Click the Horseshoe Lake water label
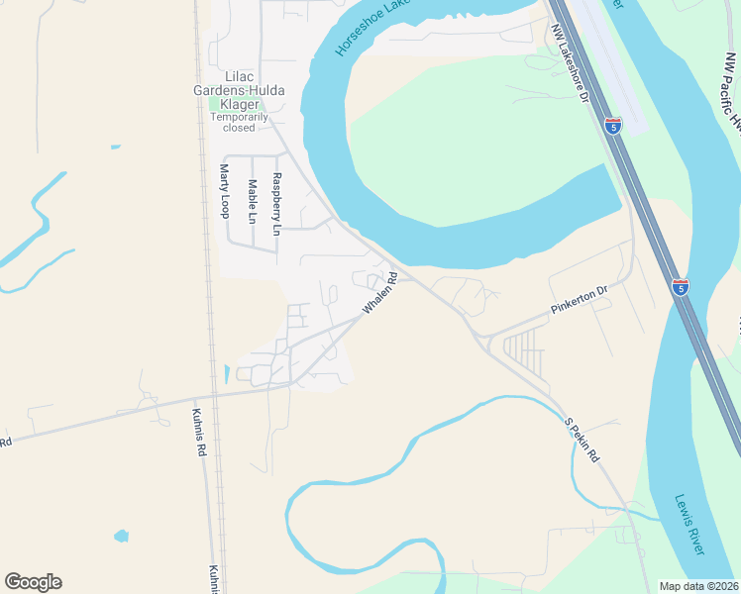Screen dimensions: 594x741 (372, 28)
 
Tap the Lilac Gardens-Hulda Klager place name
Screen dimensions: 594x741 (240, 90)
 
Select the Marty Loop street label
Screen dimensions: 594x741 (224, 191)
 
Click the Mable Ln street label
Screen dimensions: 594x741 (253, 200)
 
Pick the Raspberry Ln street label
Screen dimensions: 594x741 (277, 204)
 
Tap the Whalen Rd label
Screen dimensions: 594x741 (379, 294)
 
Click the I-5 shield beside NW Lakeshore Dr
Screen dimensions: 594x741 (614, 127)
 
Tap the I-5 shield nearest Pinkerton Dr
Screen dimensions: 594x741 (681, 287)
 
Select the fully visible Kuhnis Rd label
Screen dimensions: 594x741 (199, 433)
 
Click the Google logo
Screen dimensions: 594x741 (33, 582)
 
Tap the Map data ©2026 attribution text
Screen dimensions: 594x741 (698, 586)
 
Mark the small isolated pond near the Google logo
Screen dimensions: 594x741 (121, 537)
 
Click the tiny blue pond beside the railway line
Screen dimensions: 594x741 (227, 374)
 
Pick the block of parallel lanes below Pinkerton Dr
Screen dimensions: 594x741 (525, 350)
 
